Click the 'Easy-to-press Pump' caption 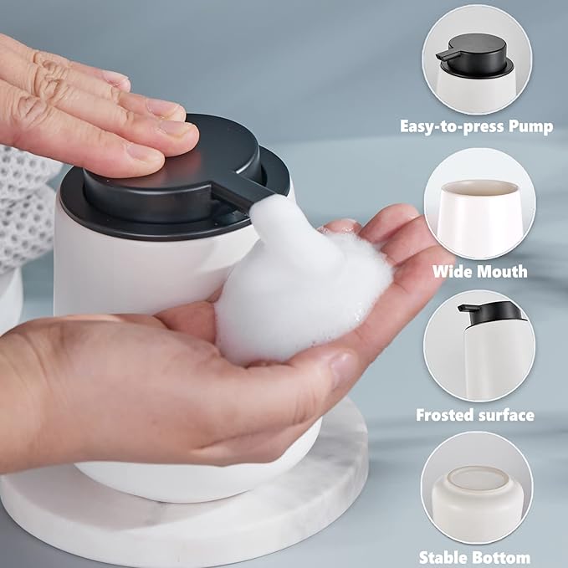tap(476, 126)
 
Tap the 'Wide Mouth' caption tap(479, 271)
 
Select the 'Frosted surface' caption tap(475, 414)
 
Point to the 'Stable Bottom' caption tap(475, 556)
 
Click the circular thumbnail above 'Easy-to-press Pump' tap(476, 59)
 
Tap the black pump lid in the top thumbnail tap(473, 53)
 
